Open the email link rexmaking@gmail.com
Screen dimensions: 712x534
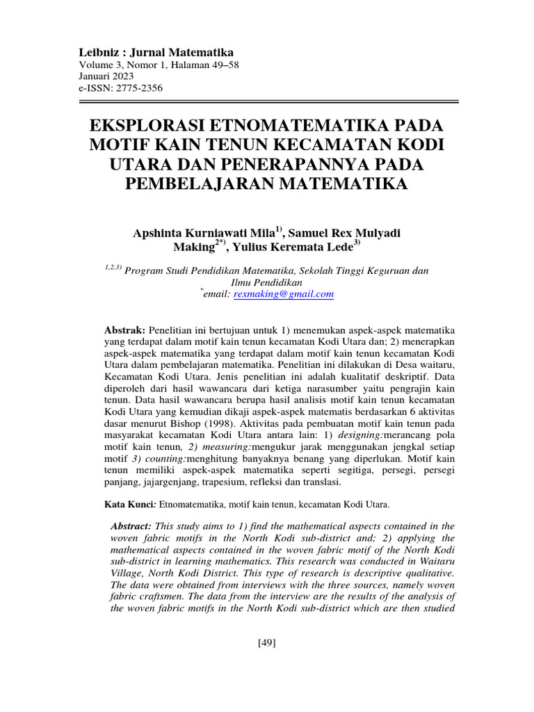click(293, 294)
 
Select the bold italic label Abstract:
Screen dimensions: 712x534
click(132, 526)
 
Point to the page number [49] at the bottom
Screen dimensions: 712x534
click(267, 642)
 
